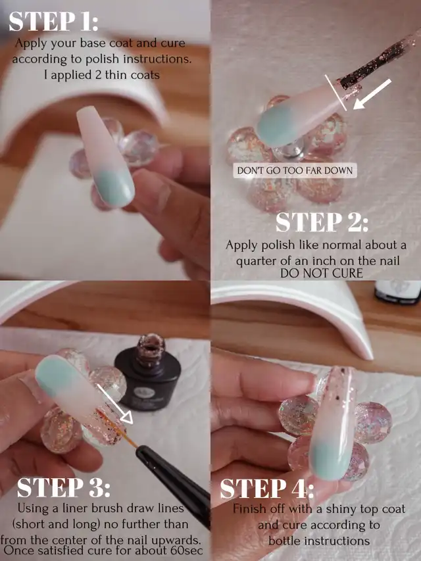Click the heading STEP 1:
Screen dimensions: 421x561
click(53, 22)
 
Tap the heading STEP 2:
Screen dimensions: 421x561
click(322, 222)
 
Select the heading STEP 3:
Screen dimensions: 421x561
click(63, 487)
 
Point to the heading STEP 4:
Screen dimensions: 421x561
click(266, 489)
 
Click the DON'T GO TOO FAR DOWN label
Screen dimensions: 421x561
click(295, 170)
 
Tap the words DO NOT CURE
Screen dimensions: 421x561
click(321, 274)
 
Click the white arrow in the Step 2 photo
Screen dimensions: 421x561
click(372, 94)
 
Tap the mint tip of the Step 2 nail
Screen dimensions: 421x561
click(278, 126)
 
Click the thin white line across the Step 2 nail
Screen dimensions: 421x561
click(335, 93)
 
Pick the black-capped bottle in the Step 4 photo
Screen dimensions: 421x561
click(398, 292)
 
